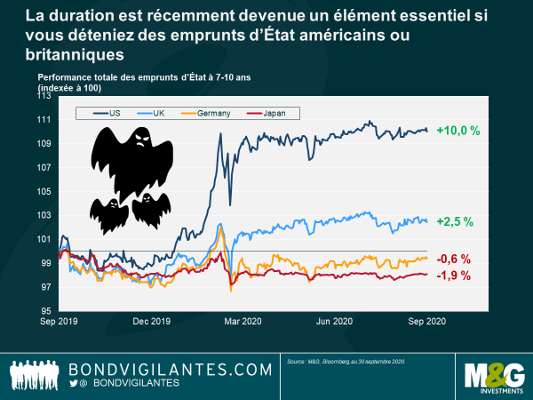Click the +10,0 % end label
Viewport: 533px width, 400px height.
pyautogui.click(x=458, y=131)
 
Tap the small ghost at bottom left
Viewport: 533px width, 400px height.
pyautogui.click(x=108, y=214)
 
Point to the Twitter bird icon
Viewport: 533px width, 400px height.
pyautogui.click(x=75, y=383)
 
